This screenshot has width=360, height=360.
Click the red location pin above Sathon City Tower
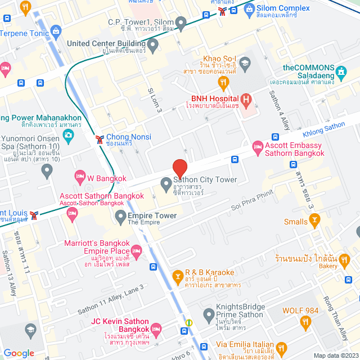click(x=179, y=168)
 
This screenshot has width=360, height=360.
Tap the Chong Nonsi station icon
click(x=100, y=137)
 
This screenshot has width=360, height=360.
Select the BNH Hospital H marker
click(x=246, y=106)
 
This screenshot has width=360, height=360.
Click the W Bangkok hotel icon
click(x=80, y=177)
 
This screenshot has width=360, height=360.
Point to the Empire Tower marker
click(x=120, y=216)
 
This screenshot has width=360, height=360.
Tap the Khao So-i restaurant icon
click(x=224, y=83)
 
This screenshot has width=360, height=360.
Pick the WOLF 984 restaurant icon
click(x=307, y=322)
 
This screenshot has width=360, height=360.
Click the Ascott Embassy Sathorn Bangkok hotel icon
click(x=258, y=148)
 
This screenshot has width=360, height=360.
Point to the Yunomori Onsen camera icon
click(x=68, y=135)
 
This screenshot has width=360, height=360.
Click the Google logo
click(x=19, y=353)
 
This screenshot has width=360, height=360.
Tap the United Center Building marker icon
click(x=152, y=43)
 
